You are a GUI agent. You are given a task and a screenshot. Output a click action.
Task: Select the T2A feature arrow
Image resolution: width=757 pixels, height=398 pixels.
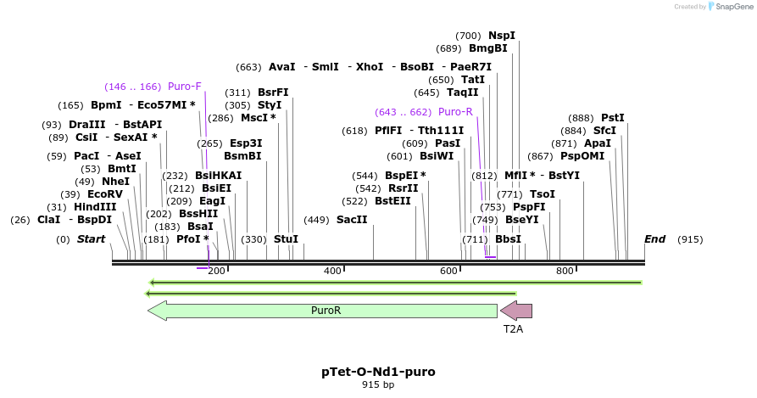coord(516,311)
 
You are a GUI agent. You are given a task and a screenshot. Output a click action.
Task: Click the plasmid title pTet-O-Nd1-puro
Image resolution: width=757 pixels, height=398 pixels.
coord(378,372)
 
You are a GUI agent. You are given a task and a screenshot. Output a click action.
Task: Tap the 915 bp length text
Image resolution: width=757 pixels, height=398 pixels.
coord(378,385)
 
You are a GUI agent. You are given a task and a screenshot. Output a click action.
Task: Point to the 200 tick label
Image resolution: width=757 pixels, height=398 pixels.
coord(216,271)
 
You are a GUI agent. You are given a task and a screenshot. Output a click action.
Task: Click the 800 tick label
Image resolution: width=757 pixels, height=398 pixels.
coord(565,271)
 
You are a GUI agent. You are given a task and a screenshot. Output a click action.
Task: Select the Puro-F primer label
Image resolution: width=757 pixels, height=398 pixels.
coord(184,87)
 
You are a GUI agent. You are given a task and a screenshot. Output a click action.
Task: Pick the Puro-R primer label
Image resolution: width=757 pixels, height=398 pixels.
coord(455,112)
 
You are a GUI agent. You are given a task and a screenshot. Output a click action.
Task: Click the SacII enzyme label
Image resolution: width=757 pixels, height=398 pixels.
coord(352,220)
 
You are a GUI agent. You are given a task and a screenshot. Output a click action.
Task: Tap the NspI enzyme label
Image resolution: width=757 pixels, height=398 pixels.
coord(502,36)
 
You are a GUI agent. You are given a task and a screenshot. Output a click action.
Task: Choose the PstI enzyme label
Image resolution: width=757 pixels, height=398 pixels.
coord(612,118)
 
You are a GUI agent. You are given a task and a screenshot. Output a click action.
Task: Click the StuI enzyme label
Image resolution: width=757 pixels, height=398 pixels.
coord(286,239)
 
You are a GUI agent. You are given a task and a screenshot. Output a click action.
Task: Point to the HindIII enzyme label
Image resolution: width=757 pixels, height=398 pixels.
coord(94,207)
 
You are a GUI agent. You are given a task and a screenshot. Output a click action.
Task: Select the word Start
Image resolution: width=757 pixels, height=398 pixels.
coord(91,239)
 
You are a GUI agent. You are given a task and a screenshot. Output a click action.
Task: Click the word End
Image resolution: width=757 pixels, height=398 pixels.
coord(654,239)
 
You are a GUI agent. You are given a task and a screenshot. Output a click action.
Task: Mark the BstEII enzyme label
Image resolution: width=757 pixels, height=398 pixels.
coord(392,201)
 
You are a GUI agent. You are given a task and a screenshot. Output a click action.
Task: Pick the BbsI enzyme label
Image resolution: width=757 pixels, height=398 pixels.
coord(508,239)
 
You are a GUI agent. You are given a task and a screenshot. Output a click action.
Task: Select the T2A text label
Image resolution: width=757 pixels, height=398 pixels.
coord(513,328)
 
